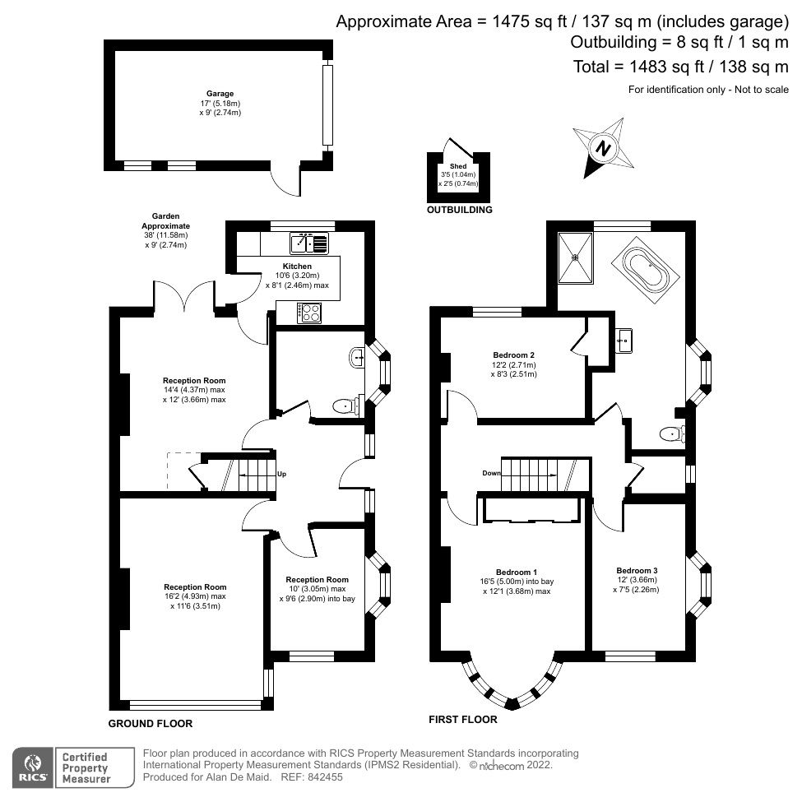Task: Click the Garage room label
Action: tap(220, 94)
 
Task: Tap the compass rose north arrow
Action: tap(604, 149)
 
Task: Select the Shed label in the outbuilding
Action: tap(457, 165)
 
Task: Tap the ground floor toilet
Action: tap(346, 406)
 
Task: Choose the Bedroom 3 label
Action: tap(637, 570)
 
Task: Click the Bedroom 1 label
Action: tap(517, 572)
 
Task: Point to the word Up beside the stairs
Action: tap(281, 474)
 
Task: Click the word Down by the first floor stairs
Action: tap(492, 473)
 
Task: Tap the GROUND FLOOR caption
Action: tap(151, 724)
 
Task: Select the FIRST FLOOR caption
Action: tap(463, 719)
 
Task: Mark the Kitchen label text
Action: tap(297, 267)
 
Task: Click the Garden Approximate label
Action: tap(165, 220)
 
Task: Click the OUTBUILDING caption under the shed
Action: tap(459, 210)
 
